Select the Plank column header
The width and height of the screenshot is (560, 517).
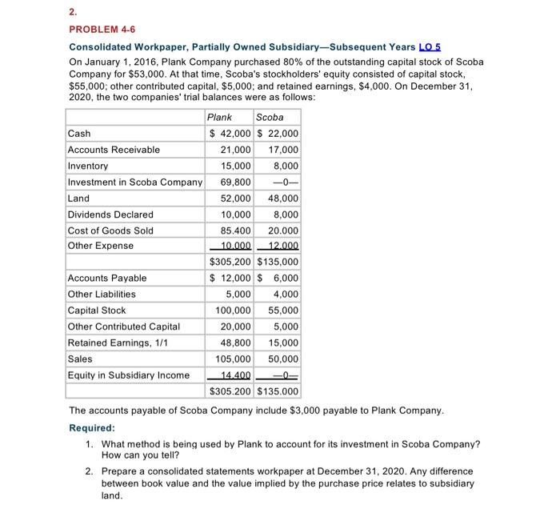coord(220,117)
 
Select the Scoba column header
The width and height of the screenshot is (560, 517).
coord(270,117)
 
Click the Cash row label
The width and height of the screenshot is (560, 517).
coord(79,134)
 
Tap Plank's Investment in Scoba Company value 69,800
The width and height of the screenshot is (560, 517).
coord(235,182)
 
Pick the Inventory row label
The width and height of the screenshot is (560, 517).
coord(88,166)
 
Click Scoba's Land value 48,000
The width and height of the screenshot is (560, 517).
coord(282,198)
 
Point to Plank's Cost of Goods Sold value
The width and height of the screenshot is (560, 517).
coord(235,230)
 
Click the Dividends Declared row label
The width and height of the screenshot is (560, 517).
coord(110,214)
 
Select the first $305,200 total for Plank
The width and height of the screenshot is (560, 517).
coord(230,262)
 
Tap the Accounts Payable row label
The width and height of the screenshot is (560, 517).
coord(107,278)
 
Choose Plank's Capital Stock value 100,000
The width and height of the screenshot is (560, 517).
coord(233,311)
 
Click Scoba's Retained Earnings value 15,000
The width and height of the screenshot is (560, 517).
coord(282,343)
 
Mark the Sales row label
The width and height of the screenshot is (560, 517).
coord(80,359)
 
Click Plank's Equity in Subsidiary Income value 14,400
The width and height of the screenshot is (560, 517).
coord(235,375)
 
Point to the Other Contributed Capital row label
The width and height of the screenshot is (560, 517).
coord(123,327)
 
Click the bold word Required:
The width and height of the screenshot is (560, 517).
coord(91,427)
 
